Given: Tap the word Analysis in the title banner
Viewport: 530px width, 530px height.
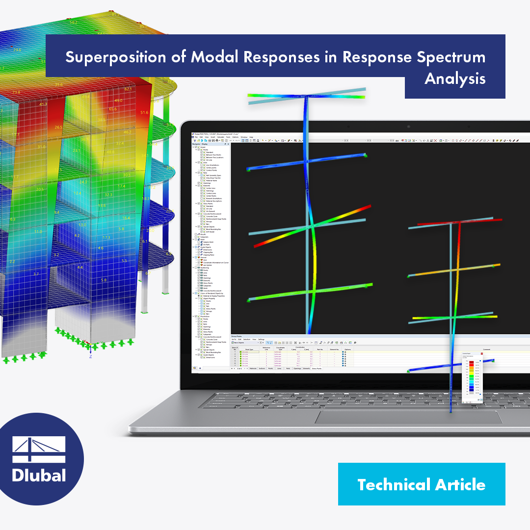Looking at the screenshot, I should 455,79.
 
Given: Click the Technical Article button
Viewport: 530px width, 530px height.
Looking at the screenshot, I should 421,484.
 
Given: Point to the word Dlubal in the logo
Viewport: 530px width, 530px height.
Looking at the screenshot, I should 39,476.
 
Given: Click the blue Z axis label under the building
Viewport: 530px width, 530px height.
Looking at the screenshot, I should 90,356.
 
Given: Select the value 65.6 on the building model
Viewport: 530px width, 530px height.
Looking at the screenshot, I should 113,109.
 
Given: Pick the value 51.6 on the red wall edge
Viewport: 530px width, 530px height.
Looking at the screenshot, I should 144,113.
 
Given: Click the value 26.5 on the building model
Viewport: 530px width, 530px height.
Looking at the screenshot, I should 58,128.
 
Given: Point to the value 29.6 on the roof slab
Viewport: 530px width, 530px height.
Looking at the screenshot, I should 17,50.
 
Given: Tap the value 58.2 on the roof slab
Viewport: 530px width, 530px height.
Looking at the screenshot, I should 73,22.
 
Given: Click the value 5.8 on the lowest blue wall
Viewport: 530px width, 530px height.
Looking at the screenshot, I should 104,280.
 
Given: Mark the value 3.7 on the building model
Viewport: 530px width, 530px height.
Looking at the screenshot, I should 36,274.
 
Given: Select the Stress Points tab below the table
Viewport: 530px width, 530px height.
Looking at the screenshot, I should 317,368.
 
